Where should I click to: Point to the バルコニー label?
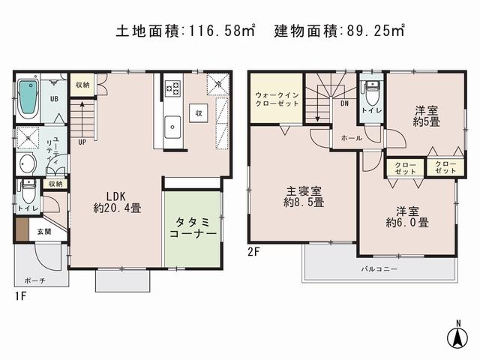(379, 268)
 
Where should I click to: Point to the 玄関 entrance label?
(44, 232)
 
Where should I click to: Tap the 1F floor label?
(22, 296)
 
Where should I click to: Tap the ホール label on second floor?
(351, 138)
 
